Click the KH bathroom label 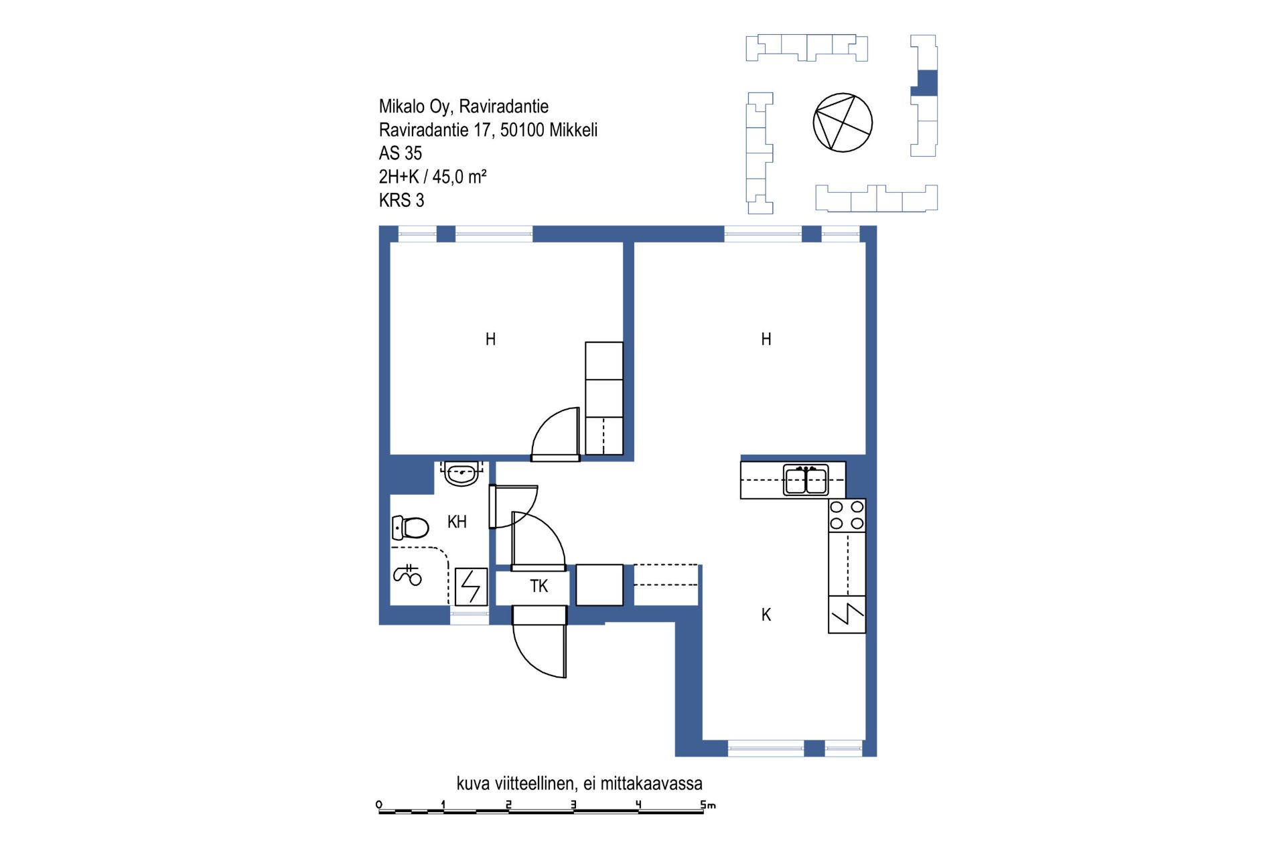click(x=457, y=522)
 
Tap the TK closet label click(x=539, y=586)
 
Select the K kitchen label click(x=766, y=615)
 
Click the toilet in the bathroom click(x=410, y=528)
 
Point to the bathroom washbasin click(x=461, y=473)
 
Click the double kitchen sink click(x=806, y=479)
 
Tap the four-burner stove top click(x=847, y=515)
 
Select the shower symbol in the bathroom click(x=407, y=574)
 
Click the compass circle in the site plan click(x=843, y=123)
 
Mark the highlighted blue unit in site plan click(x=926, y=83)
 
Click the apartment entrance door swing click(x=539, y=641)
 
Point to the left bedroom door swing click(x=555, y=434)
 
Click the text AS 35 click(x=401, y=153)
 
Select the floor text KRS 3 click(x=401, y=200)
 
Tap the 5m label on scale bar click(x=708, y=804)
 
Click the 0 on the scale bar click(x=379, y=804)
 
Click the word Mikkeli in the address click(x=573, y=130)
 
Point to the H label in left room click(x=490, y=339)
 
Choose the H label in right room click(x=766, y=339)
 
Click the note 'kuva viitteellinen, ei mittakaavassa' click(x=579, y=783)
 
